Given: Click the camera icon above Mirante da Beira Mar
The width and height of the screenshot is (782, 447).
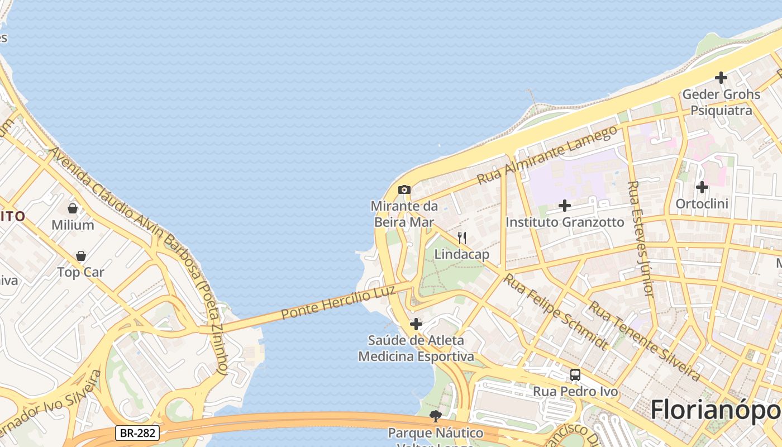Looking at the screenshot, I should tap(404, 190).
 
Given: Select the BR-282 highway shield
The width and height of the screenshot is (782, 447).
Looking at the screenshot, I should tap(138, 432).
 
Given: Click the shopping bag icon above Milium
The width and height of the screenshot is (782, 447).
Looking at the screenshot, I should tap(73, 208).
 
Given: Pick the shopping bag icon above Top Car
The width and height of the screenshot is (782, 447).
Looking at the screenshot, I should tap(81, 256).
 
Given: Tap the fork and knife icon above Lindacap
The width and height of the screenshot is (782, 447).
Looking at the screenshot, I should tap(462, 238).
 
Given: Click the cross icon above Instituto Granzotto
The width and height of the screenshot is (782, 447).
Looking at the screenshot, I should tap(565, 206).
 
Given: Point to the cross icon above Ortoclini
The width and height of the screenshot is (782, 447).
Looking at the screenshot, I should tap(702, 187).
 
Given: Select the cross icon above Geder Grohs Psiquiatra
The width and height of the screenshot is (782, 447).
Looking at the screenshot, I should tap(721, 78).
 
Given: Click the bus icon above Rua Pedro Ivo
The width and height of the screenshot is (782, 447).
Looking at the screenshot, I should tap(575, 375).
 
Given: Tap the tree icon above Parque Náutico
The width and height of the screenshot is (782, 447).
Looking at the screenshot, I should tap(436, 416).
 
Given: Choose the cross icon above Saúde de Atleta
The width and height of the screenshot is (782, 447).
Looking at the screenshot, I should tap(416, 324).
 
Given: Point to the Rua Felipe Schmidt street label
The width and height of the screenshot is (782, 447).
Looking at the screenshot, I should tap(556, 312).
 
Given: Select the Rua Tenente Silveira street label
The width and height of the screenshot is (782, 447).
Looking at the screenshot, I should tap(645, 341).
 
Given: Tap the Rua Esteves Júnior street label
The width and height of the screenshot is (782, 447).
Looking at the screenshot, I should tap(640, 239).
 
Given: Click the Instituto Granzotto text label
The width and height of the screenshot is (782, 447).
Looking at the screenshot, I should tap(565, 222).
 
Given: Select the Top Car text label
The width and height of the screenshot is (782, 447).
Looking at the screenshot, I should tap(81, 273).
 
